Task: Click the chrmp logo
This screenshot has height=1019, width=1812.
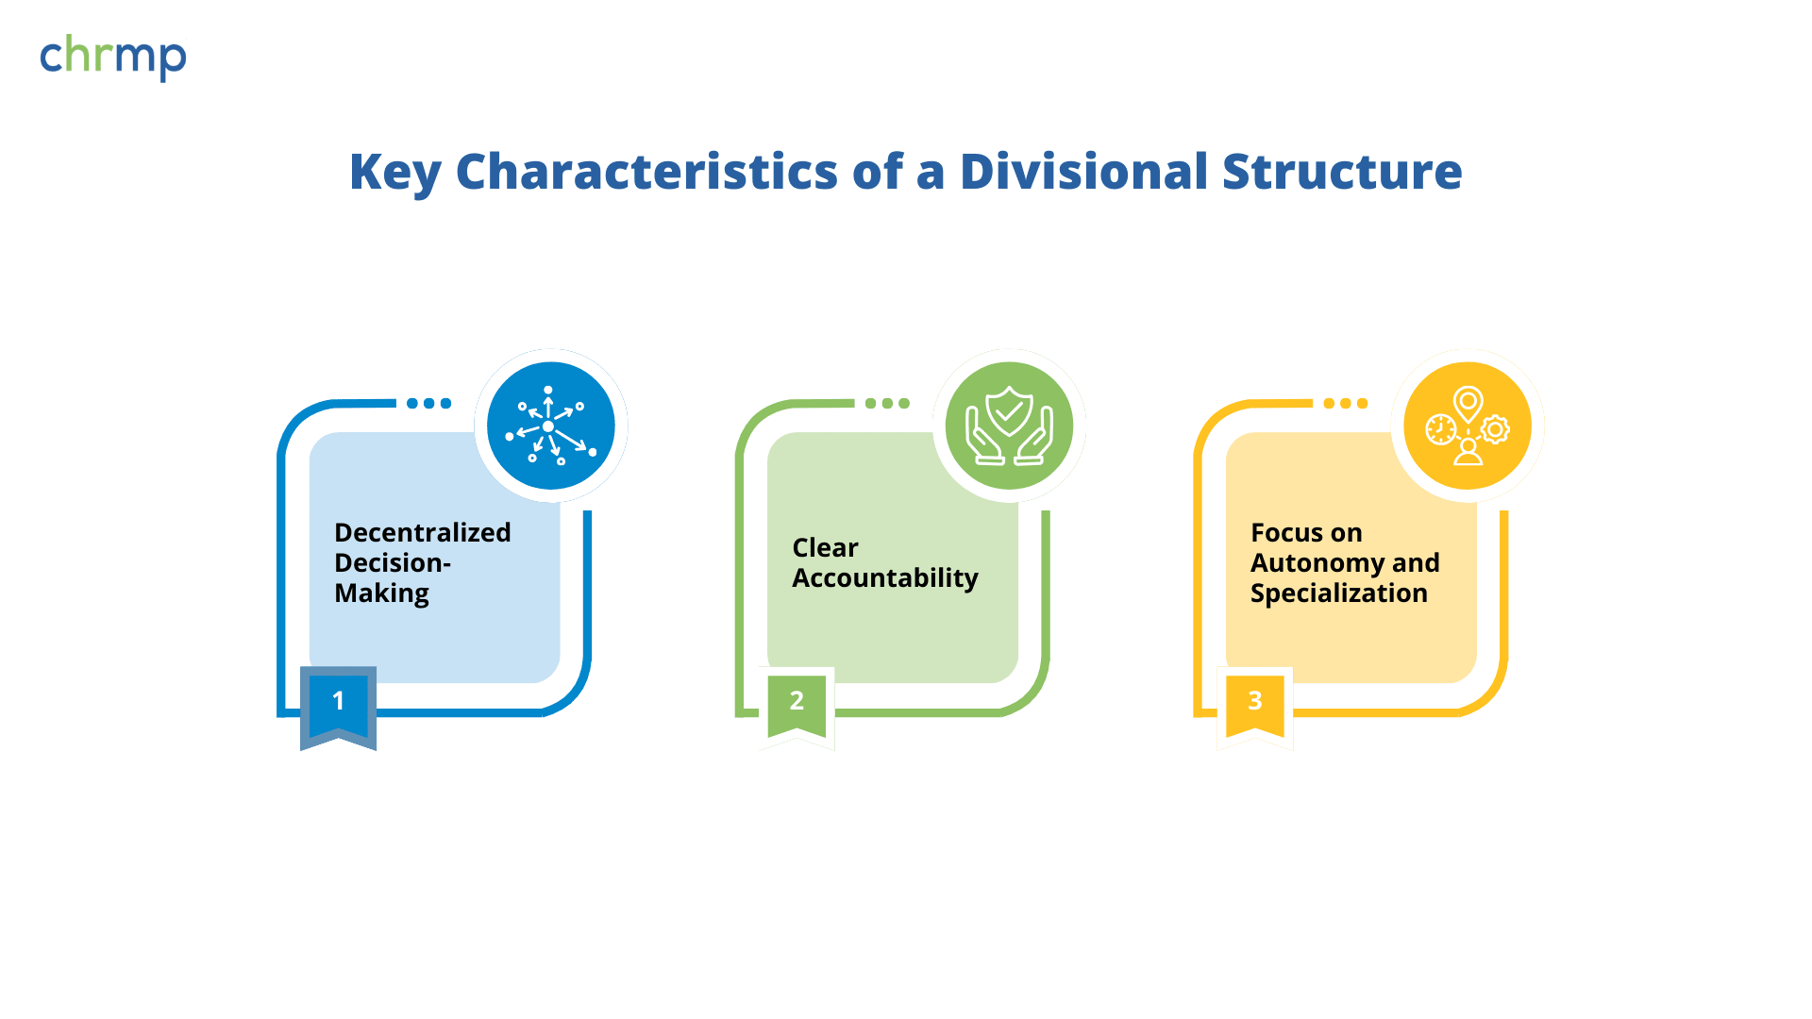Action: (x=113, y=58)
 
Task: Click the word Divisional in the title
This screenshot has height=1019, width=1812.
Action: (x=1084, y=172)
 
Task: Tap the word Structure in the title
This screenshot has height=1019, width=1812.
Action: (x=1342, y=172)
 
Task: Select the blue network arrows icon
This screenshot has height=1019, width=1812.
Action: (x=551, y=426)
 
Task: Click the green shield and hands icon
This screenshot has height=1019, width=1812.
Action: (x=1009, y=426)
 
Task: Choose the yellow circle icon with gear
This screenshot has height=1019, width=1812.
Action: (x=1468, y=426)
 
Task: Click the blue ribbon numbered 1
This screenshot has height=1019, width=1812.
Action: (x=338, y=708)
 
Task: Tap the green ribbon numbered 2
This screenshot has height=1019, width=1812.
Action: (x=797, y=708)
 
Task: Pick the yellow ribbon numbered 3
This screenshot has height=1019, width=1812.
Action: (x=1255, y=708)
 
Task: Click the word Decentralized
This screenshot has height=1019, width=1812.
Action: (x=423, y=532)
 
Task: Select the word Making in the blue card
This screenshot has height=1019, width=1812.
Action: (x=382, y=593)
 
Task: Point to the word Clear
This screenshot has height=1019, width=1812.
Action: (x=826, y=547)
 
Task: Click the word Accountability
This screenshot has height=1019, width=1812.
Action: (x=885, y=578)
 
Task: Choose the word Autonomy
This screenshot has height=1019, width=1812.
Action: (x=1317, y=563)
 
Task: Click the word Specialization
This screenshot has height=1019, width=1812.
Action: (x=1339, y=593)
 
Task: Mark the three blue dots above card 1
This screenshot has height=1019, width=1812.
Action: (x=429, y=403)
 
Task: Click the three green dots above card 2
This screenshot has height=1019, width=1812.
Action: (x=887, y=403)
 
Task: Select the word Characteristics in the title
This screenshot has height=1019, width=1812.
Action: (x=646, y=172)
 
